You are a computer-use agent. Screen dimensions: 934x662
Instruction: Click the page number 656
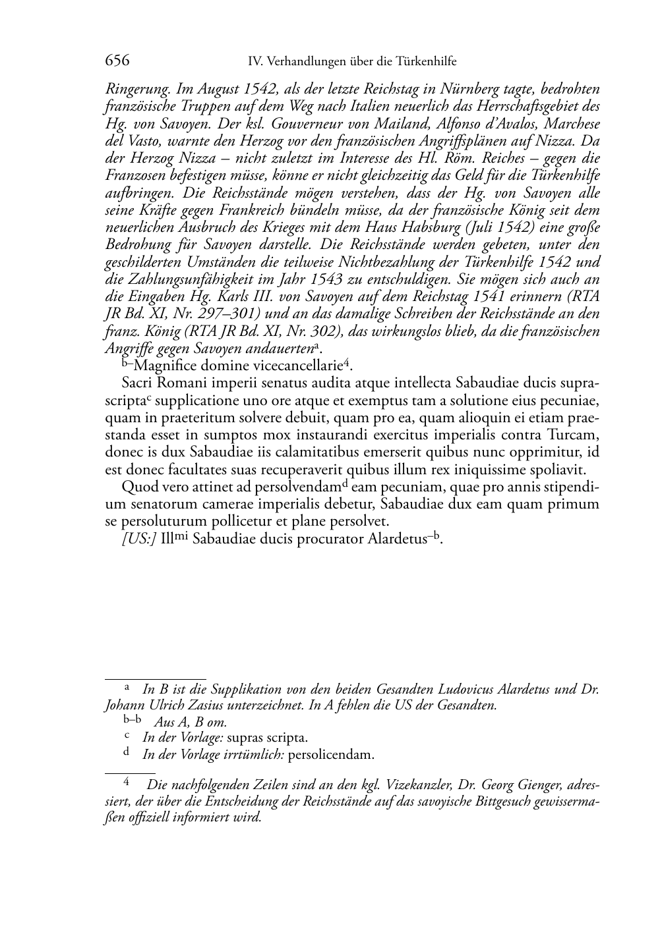pos(117,61)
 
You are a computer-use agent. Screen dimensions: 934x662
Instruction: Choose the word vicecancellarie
pos(301,366)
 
